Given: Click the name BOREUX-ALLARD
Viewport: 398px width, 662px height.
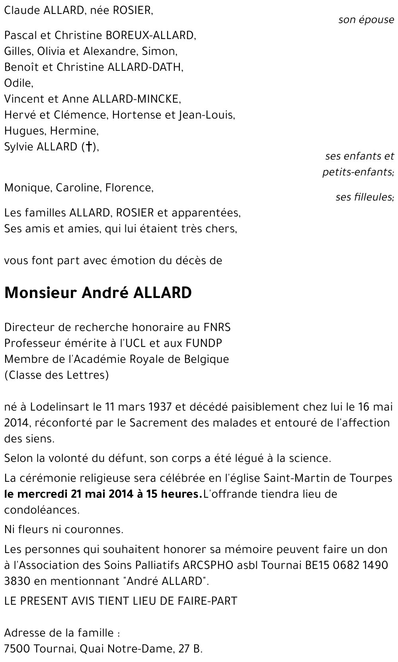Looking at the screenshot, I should pyautogui.click(x=150, y=35).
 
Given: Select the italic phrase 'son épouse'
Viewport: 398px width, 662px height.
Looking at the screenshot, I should pyautogui.click(x=366, y=20).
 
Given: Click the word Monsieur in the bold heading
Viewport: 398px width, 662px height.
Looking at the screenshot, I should pyautogui.click(x=40, y=293).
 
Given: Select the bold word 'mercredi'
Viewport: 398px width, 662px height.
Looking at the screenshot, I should pyautogui.click(x=44, y=494).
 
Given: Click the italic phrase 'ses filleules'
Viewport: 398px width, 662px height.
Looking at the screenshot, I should pyautogui.click(x=364, y=197).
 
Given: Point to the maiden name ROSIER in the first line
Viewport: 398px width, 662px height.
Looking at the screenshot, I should pyautogui.click(x=132, y=10).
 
